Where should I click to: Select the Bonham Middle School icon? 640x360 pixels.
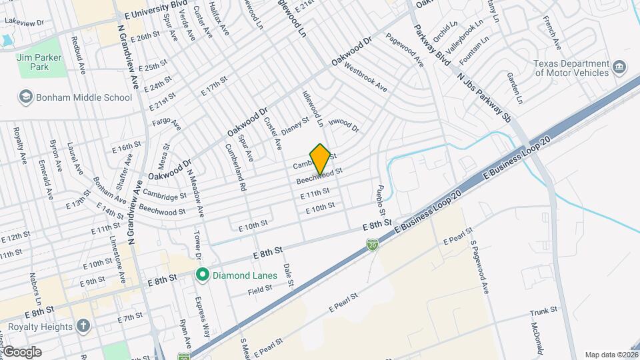26,97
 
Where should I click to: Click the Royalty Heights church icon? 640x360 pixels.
83,327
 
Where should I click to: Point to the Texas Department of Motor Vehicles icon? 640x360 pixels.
619,68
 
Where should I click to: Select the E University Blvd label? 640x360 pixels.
151,13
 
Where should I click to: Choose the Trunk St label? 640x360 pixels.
543,311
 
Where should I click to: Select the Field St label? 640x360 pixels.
260,289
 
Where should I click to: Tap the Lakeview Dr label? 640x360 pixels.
24,22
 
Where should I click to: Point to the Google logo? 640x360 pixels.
21,351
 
